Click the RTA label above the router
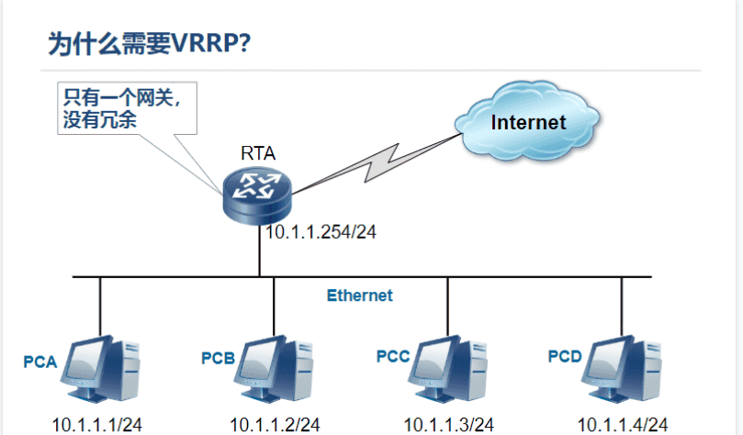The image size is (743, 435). pos(257,152)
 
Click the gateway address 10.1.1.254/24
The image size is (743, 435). pos(321,232)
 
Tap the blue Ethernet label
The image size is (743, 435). pos(359,296)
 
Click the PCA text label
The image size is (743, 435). pos(40,362)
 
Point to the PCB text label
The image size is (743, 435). pos(219,357)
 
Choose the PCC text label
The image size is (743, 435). pos(393,355)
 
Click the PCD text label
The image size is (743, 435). pos(565,355)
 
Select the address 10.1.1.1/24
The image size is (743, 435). pos(97,424)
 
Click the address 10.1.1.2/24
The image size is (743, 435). pos(275,424)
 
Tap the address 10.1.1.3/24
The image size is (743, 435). pos(449,424)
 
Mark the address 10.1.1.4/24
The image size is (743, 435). pos(622,424)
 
